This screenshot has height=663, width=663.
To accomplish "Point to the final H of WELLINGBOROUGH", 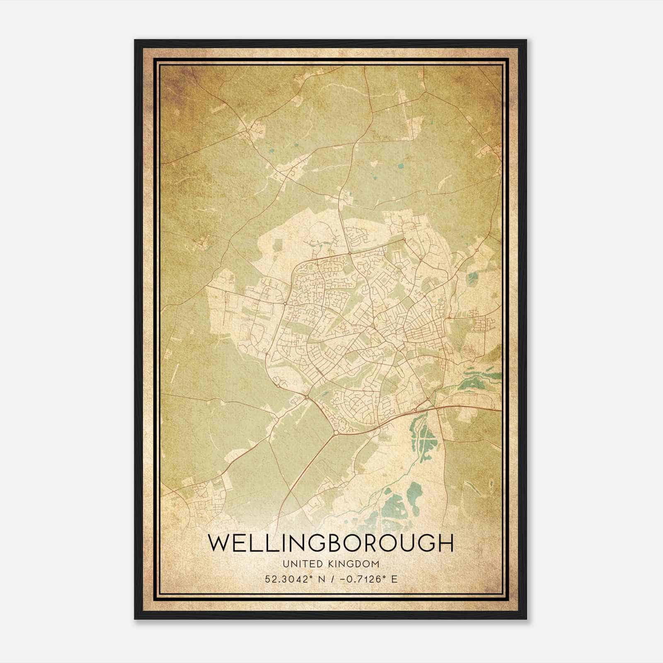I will [445, 544].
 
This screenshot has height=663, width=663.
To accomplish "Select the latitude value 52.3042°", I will [288, 579].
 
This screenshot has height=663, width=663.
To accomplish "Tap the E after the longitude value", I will [394, 579].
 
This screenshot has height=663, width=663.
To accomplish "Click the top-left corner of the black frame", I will [136, 41].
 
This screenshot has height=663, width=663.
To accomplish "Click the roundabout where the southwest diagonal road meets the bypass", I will [336, 433].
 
